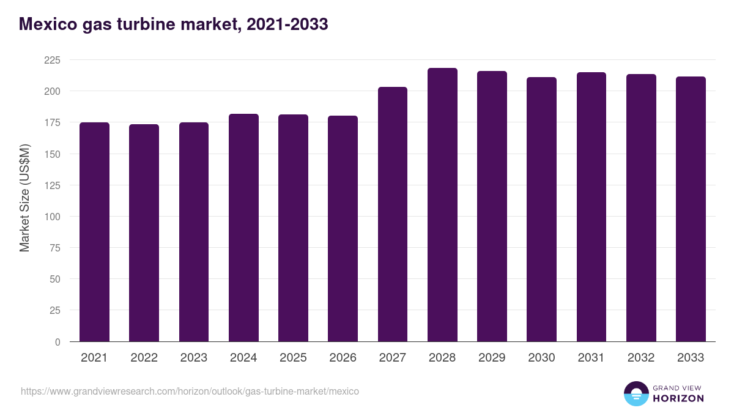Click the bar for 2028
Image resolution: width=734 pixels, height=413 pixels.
tap(442, 205)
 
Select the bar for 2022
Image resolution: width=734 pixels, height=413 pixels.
tap(144, 233)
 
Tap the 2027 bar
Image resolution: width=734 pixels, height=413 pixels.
tap(392, 214)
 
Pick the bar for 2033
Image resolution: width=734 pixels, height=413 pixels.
tap(691, 209)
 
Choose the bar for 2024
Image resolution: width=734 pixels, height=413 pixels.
tap(243, 228)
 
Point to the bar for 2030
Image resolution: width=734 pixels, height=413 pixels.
tap(541, 209)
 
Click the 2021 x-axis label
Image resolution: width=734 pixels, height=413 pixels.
tap(94, 358)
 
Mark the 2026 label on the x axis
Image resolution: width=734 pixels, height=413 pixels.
tap(343, 358)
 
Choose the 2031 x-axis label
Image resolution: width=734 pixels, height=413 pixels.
tap(591, 358)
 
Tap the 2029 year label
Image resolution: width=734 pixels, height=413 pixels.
tap(492, 358)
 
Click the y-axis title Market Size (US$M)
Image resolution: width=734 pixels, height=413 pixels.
tap(24, 197)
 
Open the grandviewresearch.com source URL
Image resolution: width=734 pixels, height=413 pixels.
tap(190, 391)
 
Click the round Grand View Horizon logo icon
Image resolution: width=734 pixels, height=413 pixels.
tap(636, 393)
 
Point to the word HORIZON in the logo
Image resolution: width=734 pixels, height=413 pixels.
tap(678, 398)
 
